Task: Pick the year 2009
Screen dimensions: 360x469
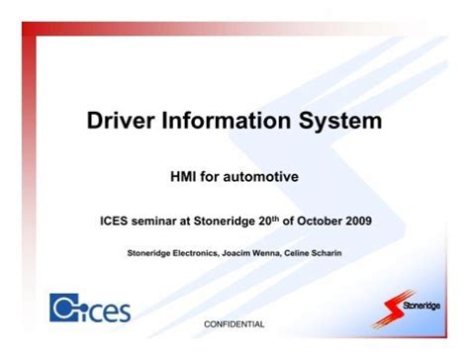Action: (x=378, y=221)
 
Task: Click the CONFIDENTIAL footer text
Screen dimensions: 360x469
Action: (x=234, y=324)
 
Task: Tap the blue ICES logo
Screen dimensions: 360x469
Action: (x=89, y=308)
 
